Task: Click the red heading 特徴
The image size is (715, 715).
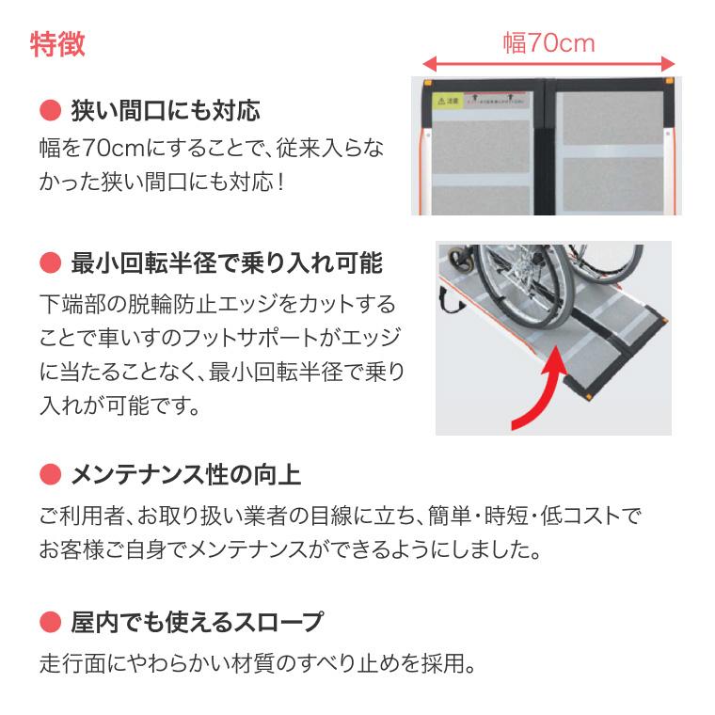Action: (57, 44)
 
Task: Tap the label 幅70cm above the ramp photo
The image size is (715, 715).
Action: (548, 43)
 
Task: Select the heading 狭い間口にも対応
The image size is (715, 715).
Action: (166, 112)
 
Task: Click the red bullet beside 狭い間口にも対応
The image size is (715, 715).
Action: (48, 112)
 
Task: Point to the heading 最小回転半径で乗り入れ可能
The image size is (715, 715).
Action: (227, 262)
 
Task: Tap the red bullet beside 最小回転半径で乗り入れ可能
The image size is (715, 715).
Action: (48, 262)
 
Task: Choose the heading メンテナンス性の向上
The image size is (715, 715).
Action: (185, 473)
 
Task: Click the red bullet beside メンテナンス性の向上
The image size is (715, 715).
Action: (48, 473)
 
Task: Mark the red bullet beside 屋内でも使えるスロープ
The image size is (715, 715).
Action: (48, 622)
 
